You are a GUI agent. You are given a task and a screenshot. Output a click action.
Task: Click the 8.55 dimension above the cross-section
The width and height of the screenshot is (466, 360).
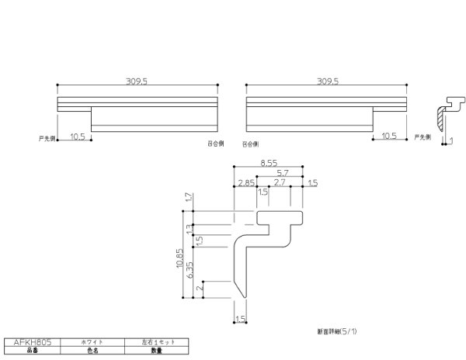(x=268, y=164)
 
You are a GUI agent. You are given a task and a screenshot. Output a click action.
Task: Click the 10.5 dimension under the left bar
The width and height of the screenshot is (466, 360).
(x=76, y=136)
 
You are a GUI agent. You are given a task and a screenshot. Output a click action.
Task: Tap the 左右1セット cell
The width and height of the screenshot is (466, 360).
(x=156, y=341)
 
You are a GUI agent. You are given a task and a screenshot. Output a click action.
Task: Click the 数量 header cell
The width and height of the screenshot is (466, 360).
(x=156, y=350)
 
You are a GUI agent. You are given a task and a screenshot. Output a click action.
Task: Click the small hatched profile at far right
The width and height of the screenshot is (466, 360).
(x=443, y=116)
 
